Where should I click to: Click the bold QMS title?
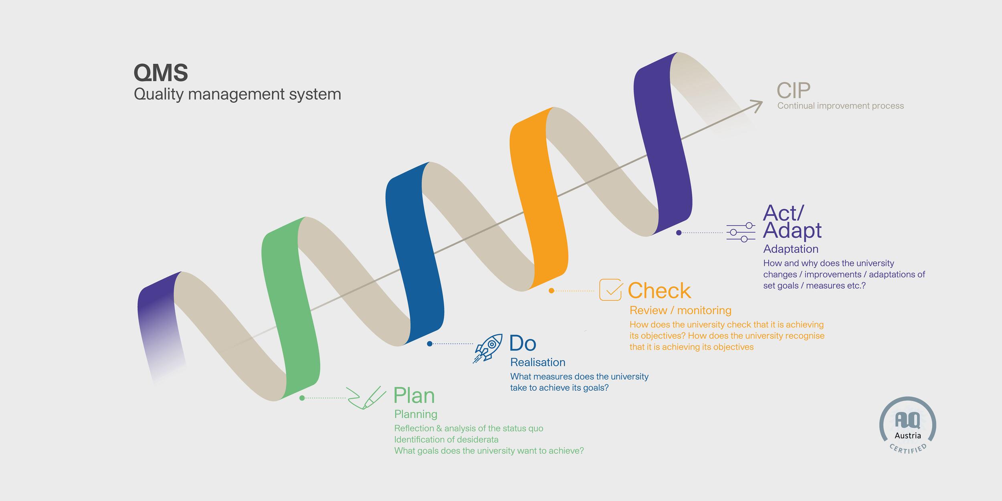(x=161, y=73)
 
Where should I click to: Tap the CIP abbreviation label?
(x=794, y=91)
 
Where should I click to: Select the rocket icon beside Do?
(x=487, y=348)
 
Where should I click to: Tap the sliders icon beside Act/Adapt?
(x=741, y=232)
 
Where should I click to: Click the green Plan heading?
(x=414, y=396)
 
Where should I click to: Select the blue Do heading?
(x=523, y=343)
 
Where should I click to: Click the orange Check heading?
(x=659, y=291)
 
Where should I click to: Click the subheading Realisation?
(x=538, y=362)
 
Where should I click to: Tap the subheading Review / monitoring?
(x=681, y=310)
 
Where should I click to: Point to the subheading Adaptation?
(x=791, y=249)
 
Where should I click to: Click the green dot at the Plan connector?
(x=302, y=398)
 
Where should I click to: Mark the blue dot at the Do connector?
(x=430, y=343)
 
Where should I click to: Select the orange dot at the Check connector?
(x=552, y=291)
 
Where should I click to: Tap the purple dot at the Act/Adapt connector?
(x=679, y=232)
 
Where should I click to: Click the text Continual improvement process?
(x=840, y=106)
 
